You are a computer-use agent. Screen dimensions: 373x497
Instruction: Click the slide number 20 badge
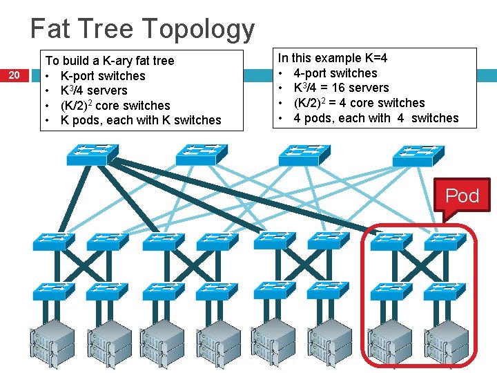(14, 75)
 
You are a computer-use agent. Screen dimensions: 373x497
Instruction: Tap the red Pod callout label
(462, 195)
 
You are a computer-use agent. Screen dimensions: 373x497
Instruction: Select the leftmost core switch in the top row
(92, 155)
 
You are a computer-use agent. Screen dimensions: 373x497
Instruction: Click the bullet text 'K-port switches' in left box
(103, 76)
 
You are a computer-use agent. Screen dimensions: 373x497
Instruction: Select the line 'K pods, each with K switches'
(141, 120)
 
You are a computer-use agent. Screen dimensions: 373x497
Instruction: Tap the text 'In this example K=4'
(333, 58)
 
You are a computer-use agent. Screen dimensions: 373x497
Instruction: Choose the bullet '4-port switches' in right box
(335, 73)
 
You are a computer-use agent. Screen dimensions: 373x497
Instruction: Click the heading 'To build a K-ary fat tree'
(109, 61)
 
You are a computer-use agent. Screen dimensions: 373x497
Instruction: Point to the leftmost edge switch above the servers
(52, 291)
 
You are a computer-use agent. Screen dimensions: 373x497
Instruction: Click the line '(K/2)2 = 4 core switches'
(359, 103)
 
